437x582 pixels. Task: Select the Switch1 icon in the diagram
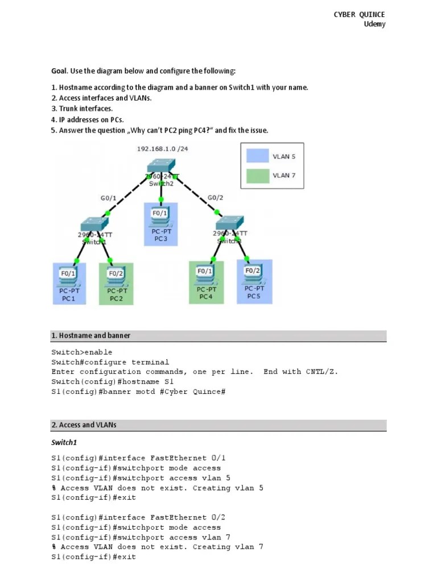[94, 223]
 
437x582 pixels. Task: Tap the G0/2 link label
[216, 198]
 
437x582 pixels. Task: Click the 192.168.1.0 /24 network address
[161, 148]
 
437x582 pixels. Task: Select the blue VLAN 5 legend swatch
[258, 156]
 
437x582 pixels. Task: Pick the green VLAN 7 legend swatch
[258, 176]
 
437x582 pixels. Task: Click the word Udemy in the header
[374, 24]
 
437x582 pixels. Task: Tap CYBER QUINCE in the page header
[359, 14]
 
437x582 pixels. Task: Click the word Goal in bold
[59, 71]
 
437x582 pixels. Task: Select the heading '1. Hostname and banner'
[90, 335]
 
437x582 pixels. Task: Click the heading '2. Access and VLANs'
[84, 425]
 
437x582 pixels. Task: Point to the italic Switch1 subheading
[64, 442]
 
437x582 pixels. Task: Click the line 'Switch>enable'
[82, 352]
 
